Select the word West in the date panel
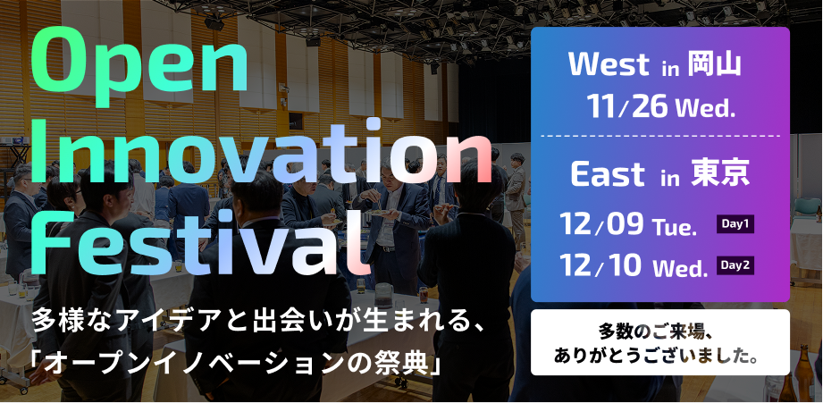(x=609, y=64)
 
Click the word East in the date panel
(x=609, y=175)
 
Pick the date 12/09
(x=601, y=224)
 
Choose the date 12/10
(x=600, y=265)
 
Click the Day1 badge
(x=735, y=224)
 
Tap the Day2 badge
(x=735, y=265)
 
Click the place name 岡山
(x=716, y=64)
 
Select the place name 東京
(x=721, y=175)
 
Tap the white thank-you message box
(x=659, y=342)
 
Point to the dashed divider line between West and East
(x=659, y=136)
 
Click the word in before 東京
(x=670, y=178)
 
